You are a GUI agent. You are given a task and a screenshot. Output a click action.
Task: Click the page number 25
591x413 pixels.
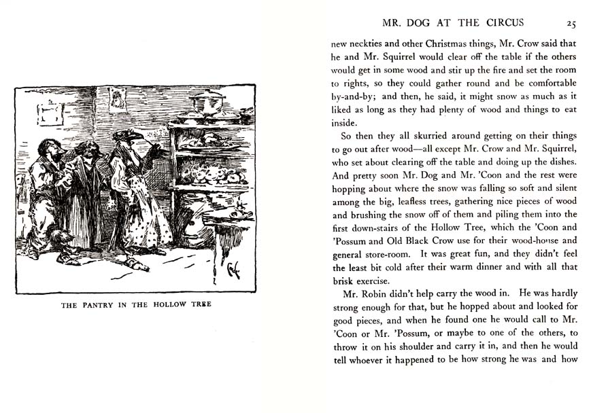point(571,24)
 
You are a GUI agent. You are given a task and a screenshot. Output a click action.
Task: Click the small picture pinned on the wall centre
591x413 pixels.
point(118,101)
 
